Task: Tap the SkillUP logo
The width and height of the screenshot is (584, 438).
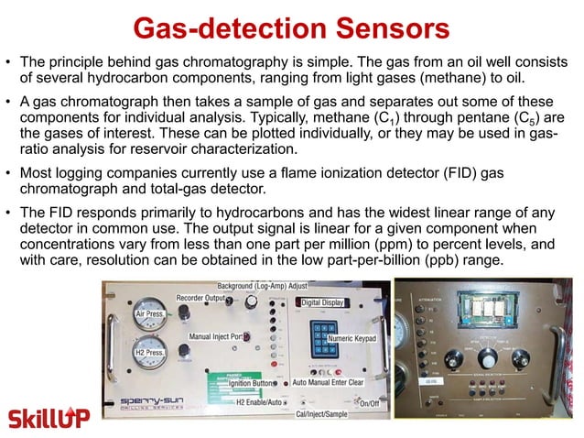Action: click(49, 418)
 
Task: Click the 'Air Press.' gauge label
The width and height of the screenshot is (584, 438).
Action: click(148, 313)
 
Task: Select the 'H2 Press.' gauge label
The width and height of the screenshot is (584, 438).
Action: click(149, 353)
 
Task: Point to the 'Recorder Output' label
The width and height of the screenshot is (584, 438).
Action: click(200, 298)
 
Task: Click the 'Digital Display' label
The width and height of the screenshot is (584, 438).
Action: click(323, 301)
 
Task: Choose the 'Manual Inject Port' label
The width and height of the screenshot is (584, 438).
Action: click(219, 336)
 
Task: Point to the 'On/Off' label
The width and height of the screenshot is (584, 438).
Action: click(369, 403)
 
